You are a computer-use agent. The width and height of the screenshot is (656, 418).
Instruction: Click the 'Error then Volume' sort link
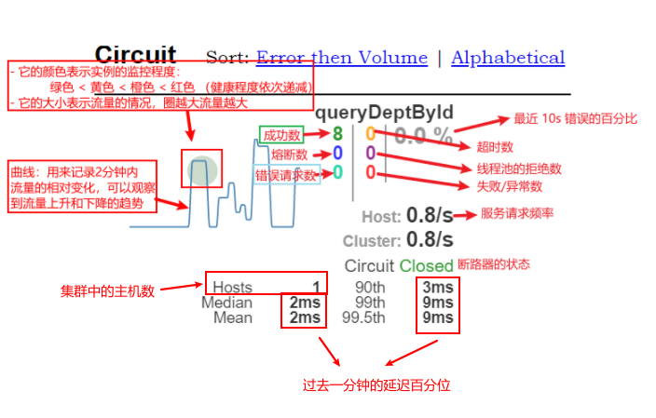pyautogui.click(x=342, y=58)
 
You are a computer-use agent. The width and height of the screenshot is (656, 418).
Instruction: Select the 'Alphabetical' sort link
pyautogui.click(x=508, y=58)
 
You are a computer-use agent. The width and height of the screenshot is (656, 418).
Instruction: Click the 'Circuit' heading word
pyautogui.click(x=135, y=55)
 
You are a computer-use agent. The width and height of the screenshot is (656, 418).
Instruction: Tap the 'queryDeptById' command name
pyautogui.click(x=384, y=114)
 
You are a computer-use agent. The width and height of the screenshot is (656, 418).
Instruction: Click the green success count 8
pyautogui.click(x=337, y=135)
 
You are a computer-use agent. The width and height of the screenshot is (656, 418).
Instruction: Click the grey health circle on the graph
pyautogui.click(x=202, y=170)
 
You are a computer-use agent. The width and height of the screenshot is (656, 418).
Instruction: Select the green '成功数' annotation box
pyautogui.click(x=282, y=135)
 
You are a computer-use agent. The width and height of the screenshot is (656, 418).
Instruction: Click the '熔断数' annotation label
pyautogui.click(x=289, y=155)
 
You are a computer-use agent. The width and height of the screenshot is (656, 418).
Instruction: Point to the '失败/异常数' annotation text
pyautogui.click(x=510, y=186)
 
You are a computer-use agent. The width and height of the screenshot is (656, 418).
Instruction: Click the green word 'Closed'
pyautogui.click(x=426, y=266)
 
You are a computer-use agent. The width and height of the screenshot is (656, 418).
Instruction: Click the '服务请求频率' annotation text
pyautogui.click(x=517, y=213)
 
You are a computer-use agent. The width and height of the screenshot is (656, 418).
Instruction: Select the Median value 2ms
pyautogui.click(x=304, y=303)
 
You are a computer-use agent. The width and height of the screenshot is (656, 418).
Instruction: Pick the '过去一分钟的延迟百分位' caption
pyautogui.click(x=376, y=384)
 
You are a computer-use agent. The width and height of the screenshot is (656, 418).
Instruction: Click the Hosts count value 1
pyautogui.click(x=316, y=287)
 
